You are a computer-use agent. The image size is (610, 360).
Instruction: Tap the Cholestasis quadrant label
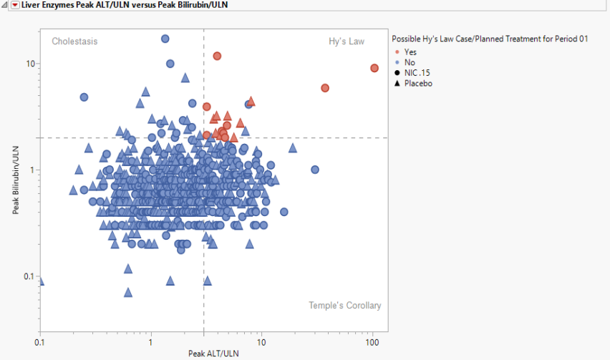pyautogui.click(x=74, y=42)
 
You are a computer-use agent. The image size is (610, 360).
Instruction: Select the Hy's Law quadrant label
pyautogui.click(x=347, y=42)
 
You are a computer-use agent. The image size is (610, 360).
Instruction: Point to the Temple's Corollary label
pyautogui.click(x=344, y=306)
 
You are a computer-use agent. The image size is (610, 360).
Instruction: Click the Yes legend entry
pyautogui.click(x=410, y=52)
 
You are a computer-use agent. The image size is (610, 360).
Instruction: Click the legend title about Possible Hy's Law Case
pyautogui.click(x=490, y=39)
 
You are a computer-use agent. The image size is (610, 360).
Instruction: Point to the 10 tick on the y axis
pyautogui.click(x=31, y=64)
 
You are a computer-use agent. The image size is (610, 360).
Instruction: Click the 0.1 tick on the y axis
pyautogui.click(x=29, y=276)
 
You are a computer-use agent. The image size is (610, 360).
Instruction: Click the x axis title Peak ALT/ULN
pyautogui.click(x=213, y=354)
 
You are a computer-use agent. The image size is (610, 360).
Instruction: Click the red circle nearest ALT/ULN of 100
pyautogui.click(x=374, y=68)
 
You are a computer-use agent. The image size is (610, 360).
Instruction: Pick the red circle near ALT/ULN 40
pyautogui.click(x=325, y=88)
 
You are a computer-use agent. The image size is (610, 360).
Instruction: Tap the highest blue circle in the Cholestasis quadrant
pyautogui.click(x=165, y=39)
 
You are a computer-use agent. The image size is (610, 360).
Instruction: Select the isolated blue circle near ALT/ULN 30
pyautogui.click(x=314, y=170)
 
